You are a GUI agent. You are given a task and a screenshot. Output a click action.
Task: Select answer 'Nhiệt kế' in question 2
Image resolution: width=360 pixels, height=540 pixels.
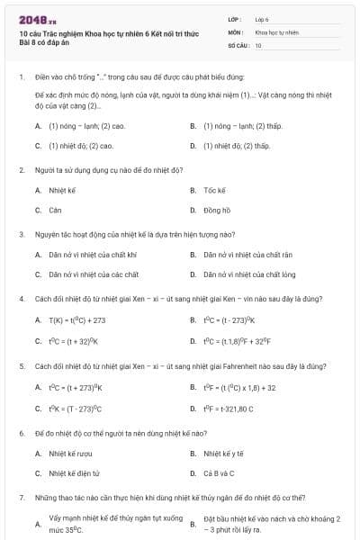[x=59, y=190]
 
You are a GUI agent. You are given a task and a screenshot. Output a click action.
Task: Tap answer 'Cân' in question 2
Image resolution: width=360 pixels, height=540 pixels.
[x=55, y=210]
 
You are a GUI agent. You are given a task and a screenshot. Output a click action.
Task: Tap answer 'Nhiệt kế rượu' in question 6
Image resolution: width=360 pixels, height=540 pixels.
[x=71, y=453]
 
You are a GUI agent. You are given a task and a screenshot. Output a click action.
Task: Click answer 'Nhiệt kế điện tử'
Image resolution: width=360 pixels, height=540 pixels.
[x=75, y=472]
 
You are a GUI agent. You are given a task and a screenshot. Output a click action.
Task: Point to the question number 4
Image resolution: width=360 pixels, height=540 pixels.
[x=21, y=298]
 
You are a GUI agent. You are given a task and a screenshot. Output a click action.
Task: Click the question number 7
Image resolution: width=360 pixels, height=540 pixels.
[x=21, y=497]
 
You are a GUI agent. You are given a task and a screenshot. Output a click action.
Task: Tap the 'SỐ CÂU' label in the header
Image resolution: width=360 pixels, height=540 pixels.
[x=238, y=44]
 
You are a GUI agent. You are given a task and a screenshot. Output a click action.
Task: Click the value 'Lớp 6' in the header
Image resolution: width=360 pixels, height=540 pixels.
[x=262, y=18]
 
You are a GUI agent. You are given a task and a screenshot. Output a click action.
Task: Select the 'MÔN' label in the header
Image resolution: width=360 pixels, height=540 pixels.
[x=235, y=31]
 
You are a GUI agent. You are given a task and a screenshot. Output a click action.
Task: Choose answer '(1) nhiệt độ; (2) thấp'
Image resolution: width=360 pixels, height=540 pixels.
[x=237, y=145]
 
